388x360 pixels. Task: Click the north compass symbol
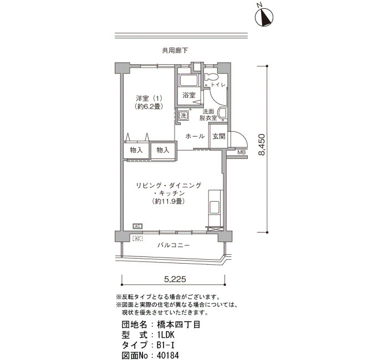coord(264,17)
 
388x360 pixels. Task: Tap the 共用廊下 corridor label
coord(175,51)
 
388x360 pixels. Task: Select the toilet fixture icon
coord(211,77)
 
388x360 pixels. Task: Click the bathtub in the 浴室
coord(189,80)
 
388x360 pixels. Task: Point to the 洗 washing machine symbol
coord(183,115)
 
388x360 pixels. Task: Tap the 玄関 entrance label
coord(219,136)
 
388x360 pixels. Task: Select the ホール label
coord(195,136)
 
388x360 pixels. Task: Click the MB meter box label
coord(241,152)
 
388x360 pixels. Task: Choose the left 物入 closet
coord(136,150)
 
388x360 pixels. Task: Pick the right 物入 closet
coord(163,150)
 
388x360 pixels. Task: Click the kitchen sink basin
coord(215,208)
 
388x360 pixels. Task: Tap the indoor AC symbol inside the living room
coord(137,226)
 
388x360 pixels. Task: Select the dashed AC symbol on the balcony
coord(137,239)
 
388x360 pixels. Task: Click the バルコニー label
coord(173,245)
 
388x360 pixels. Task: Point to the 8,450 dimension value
coord(261,145)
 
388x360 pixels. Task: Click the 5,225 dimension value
coord(175,279)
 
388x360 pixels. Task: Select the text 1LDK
coord(166,335)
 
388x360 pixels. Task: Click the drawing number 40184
coord(168,356)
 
